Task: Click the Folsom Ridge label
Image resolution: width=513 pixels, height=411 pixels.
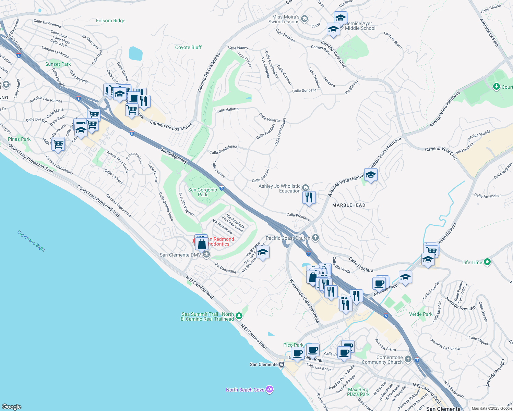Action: tap(110, 21)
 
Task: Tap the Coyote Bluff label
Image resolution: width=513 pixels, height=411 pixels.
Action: tap(188, 48)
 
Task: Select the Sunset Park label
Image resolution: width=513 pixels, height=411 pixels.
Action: tap(58, 64)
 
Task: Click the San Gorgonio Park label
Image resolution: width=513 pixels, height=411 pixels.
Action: tap(203, 192)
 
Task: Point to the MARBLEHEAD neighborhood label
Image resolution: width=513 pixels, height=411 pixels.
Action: tap(349, 205)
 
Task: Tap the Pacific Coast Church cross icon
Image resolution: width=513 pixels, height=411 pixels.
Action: tap(315, 238)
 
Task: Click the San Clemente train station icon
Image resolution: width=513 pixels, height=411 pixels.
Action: tap(282, 364)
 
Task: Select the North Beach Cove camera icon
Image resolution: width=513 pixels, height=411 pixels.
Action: tap(270, 390)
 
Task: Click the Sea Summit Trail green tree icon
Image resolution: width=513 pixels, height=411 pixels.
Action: tap(239, 316)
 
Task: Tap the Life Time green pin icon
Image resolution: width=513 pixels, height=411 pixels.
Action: tap(487, 262)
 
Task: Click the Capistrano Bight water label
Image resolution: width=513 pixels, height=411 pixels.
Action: tap(31, 240)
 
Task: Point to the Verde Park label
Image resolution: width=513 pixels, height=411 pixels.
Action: tap(421, 314)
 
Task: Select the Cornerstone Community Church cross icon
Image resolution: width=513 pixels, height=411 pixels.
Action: tap(408, 359)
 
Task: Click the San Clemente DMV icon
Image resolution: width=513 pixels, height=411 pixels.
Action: tap(206, 254)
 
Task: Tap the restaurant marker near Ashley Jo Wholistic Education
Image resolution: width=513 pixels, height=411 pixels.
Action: tap(309, 198)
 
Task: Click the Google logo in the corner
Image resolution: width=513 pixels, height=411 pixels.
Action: tap(12, 407)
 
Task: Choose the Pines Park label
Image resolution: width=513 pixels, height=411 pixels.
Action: tap(19, 139)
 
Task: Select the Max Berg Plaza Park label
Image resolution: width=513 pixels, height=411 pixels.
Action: tap(358, 392)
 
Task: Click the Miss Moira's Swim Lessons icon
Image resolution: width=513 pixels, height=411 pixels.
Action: tap(304, 19)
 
